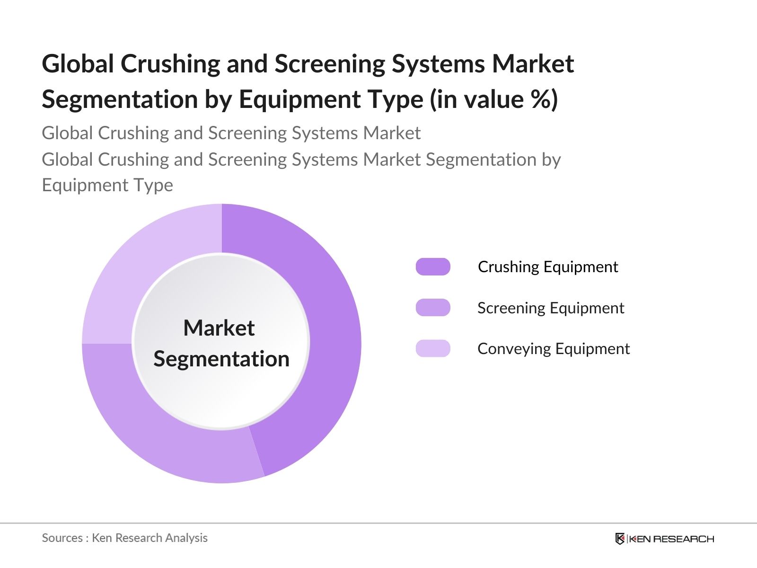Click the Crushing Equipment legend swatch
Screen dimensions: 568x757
point(433,267)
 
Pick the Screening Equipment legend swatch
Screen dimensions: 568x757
point(433,308)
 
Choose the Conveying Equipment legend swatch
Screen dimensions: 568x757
point(433,348)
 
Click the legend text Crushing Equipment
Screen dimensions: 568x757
point(548,267)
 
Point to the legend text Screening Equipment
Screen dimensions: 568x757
point(551,308)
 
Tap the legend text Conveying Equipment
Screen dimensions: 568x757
point(554,349)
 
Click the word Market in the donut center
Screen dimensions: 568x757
point(219,328)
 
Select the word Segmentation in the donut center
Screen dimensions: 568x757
point(221,359)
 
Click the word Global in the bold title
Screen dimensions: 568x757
point(78,64)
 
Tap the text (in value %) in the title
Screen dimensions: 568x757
point(494,99)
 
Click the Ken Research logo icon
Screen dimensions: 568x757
point(620,539)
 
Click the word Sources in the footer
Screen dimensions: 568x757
point(62,538)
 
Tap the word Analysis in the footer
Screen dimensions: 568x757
point(186,538)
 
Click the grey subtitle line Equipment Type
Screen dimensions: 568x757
point(107,185)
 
